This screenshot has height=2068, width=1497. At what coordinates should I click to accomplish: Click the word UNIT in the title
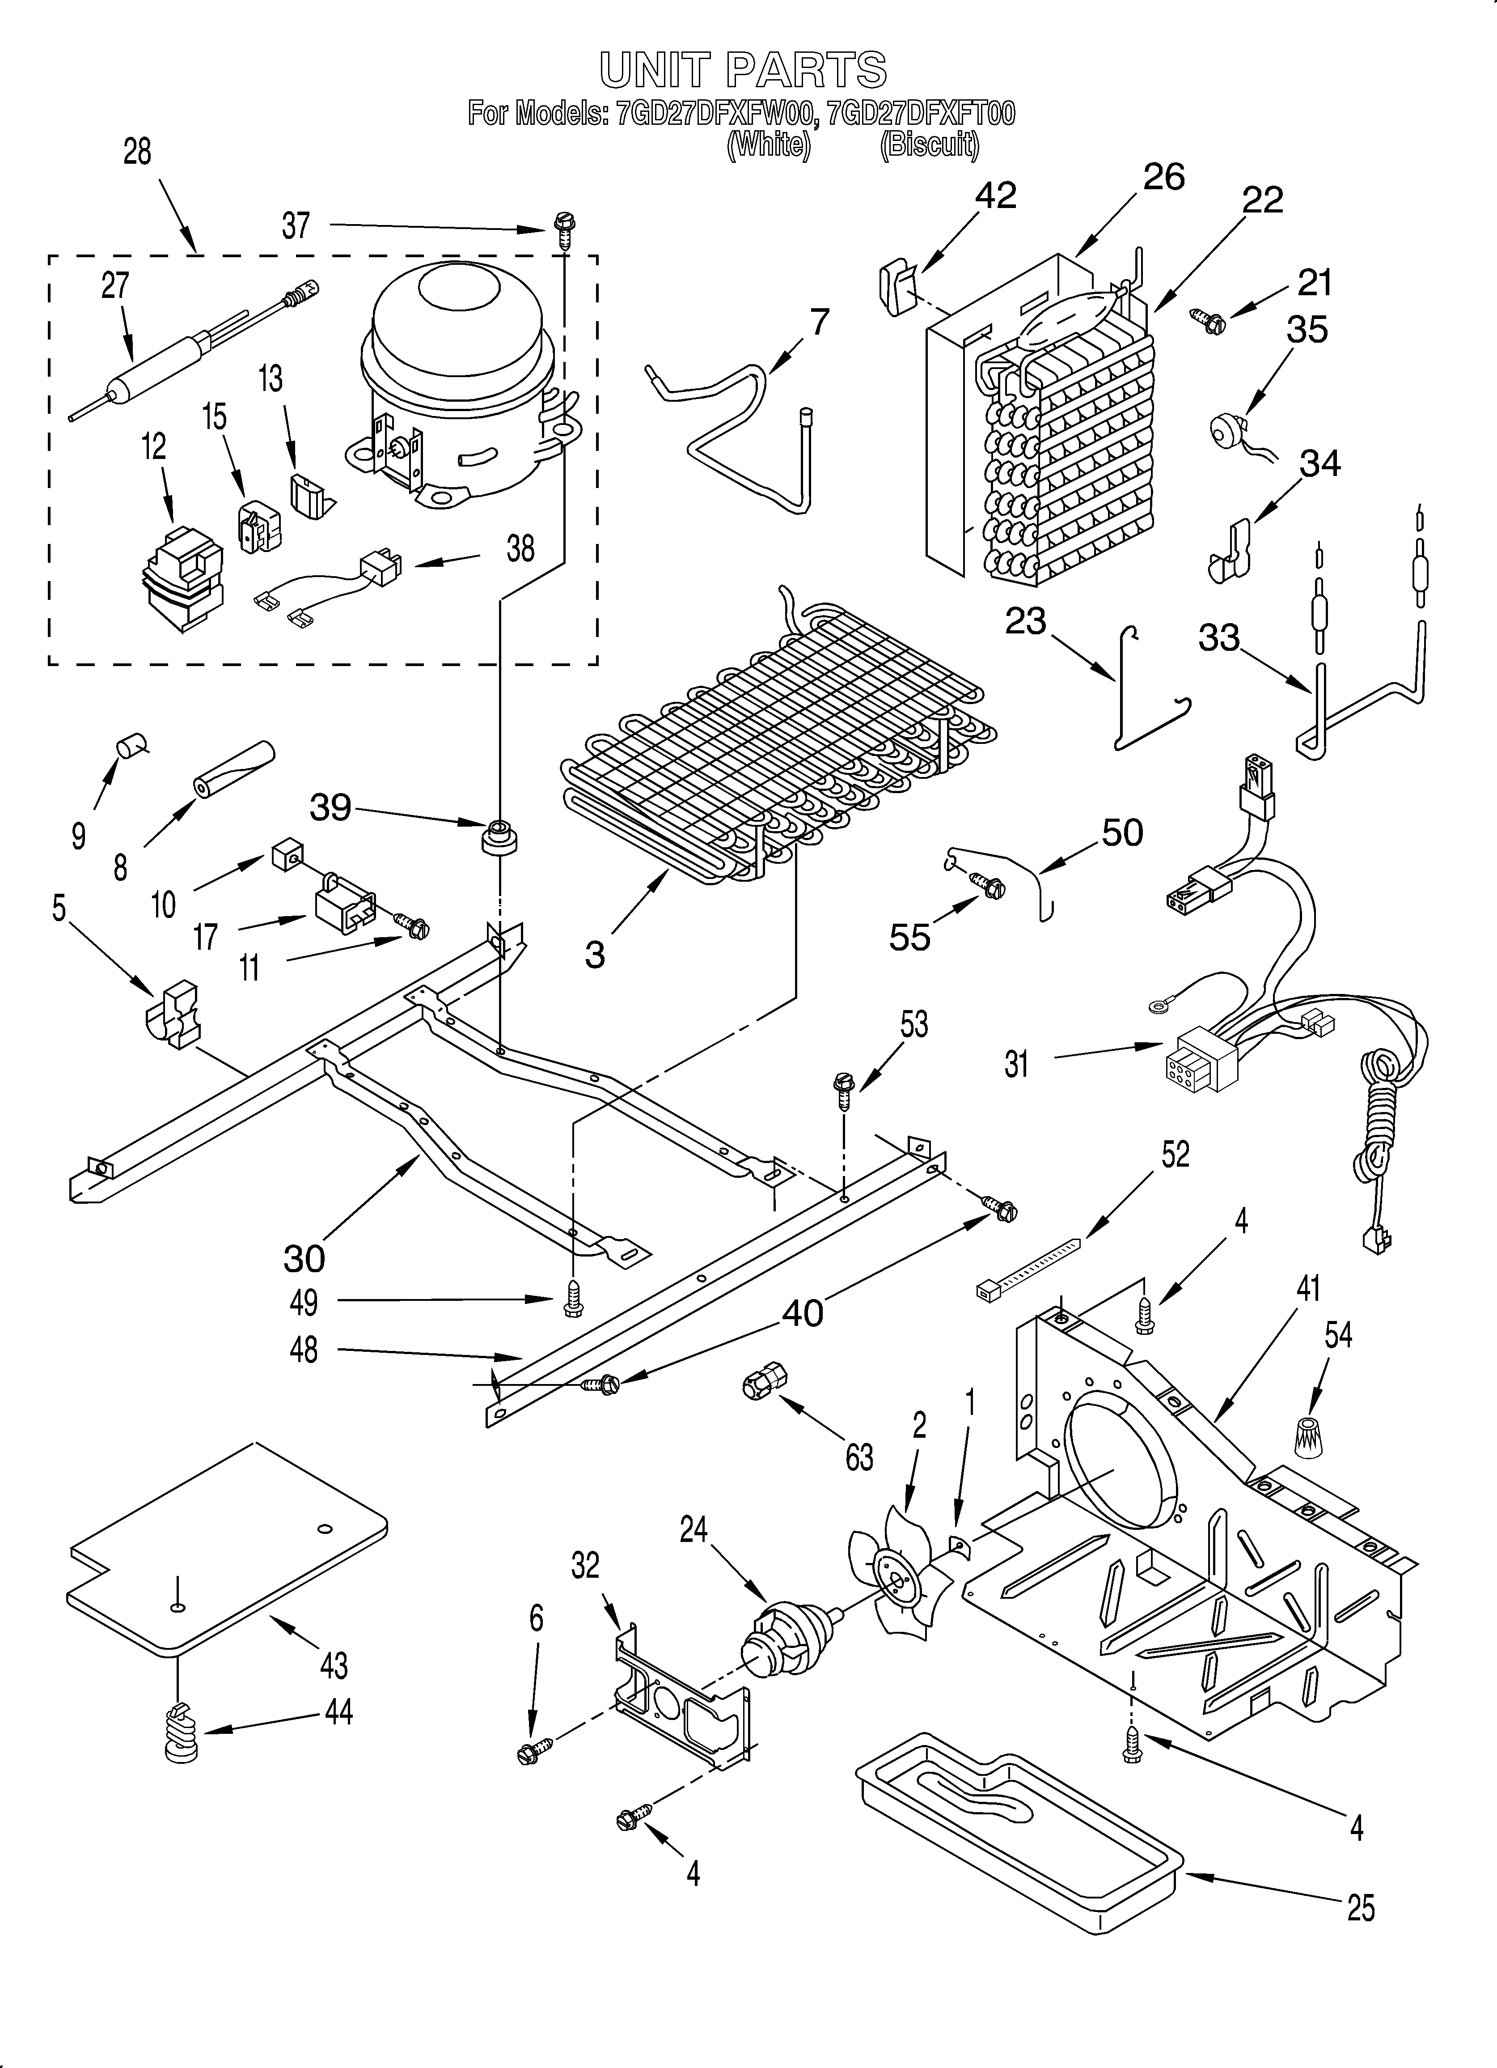(x=655, y=70)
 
